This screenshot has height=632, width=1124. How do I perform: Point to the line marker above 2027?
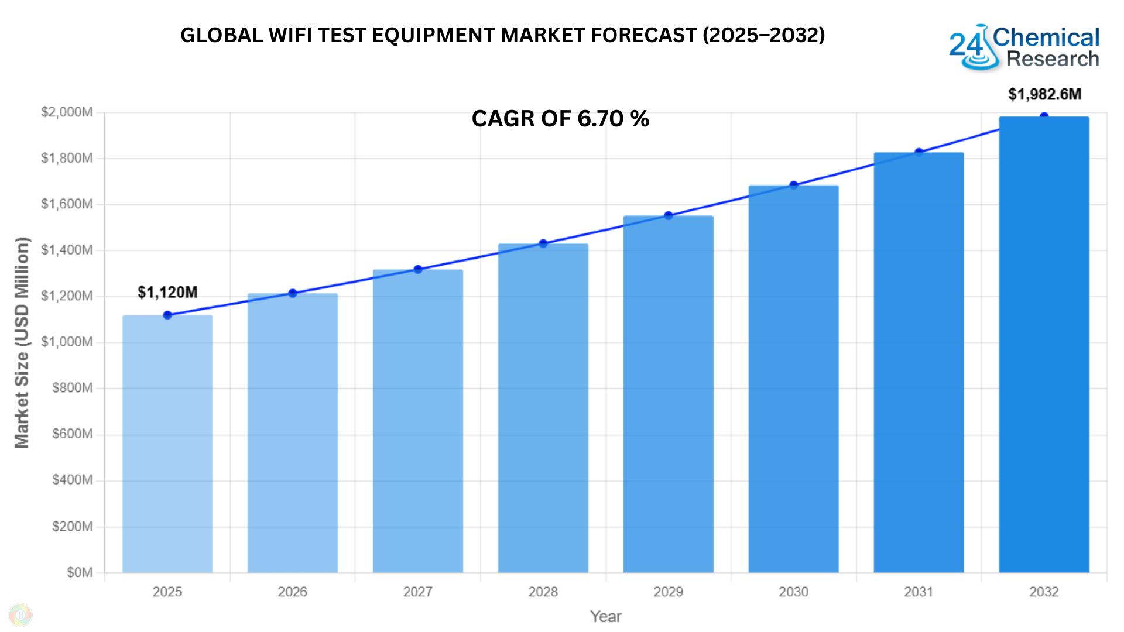[418, 270]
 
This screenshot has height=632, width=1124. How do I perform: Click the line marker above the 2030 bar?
[794, 186]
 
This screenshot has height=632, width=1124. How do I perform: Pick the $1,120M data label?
[167, 292]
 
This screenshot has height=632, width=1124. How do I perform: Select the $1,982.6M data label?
[1044, 94]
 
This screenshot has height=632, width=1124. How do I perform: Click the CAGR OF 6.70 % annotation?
[560, 119]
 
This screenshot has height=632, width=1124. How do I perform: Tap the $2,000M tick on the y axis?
[67, 112]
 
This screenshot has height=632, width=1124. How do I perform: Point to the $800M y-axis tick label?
[72, 387]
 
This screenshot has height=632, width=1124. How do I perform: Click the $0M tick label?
[80, 572]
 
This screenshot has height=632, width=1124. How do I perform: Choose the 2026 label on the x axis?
[292, 592]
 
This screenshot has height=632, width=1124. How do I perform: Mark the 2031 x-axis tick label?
[919, 592]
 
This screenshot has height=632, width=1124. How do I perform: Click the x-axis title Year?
[606, 616]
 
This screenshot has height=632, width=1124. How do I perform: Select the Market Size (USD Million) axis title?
[22, 342]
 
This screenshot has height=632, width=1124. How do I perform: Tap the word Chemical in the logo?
[1046, 37]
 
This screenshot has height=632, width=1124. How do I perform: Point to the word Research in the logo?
[1053, 59]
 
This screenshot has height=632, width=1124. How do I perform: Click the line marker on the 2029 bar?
[669, 216]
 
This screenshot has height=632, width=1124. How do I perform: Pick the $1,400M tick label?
[67, 250]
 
